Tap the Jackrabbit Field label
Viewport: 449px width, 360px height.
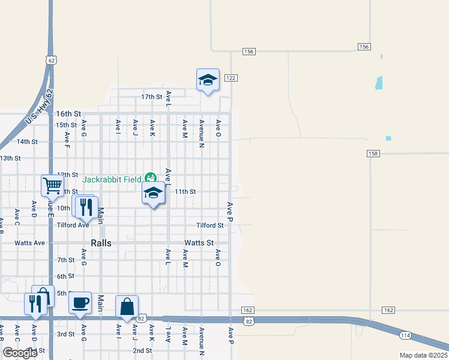(112, 179)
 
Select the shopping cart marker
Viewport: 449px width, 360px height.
(52, 186)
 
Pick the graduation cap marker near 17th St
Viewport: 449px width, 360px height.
(207, 80)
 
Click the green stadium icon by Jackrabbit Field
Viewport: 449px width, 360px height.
(150, 178)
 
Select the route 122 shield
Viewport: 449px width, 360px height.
(231, 78)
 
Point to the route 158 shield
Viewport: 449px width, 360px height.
(373, 154)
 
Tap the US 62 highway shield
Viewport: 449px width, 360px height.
(51, 60)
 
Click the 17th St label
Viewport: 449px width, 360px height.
(152, 97)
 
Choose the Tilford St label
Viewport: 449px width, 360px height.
(209, 226)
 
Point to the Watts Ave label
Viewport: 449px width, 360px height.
(30, 243)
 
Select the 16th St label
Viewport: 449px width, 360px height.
(68, 113)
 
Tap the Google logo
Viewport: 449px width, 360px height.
(20, 353)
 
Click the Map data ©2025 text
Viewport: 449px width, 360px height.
(423, 355)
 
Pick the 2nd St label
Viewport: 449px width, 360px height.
(142, 350)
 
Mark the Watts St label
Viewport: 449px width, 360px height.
(199, 243)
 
